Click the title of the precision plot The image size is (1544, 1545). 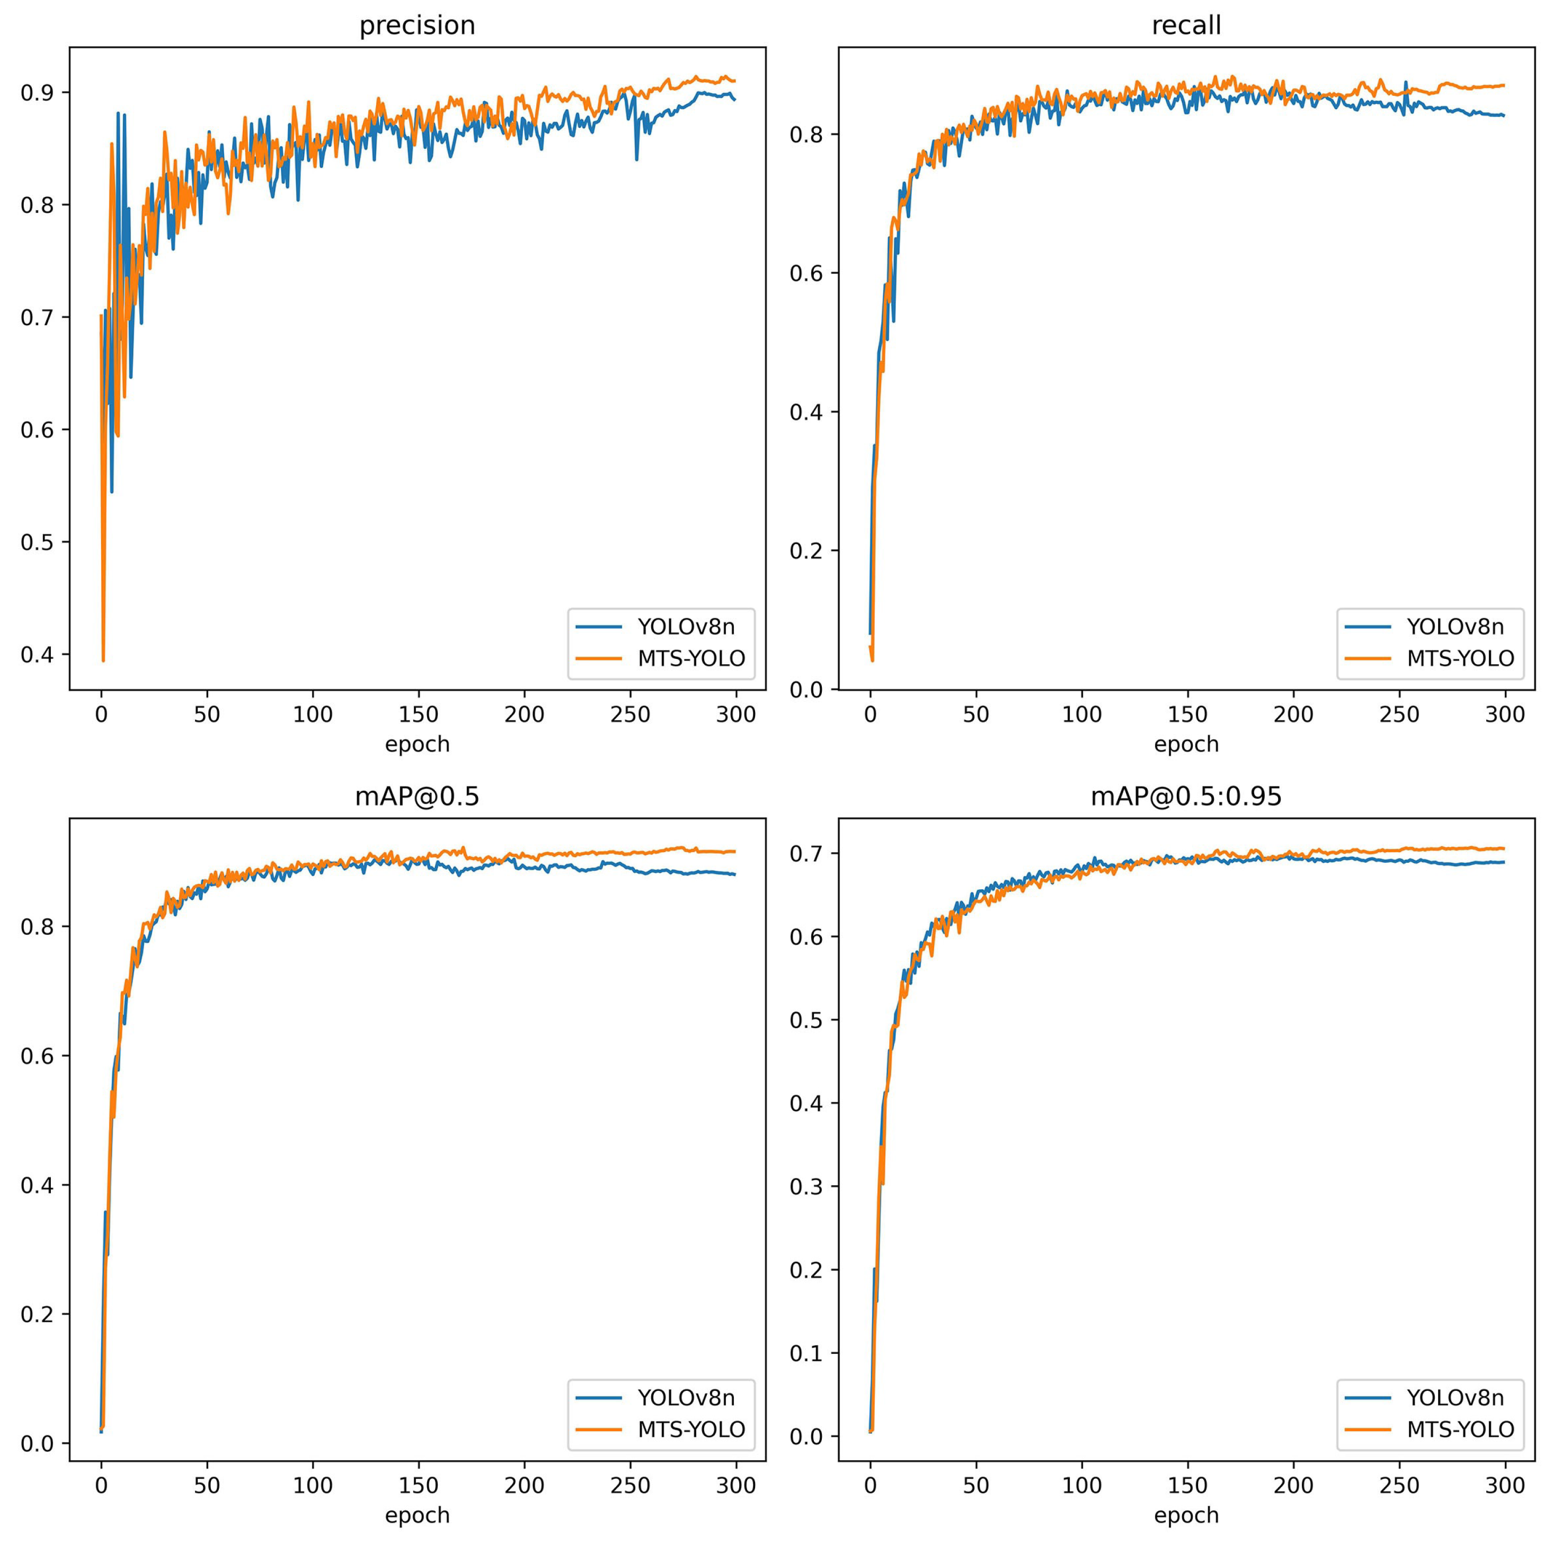(417, 25)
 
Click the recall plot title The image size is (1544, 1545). (1186, 25)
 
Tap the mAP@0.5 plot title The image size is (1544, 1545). (417, 797)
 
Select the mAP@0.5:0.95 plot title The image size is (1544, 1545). (1186, 797)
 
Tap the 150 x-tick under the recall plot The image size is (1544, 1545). (1187, 714)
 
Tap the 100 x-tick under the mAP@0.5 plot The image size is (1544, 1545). (312, 1486)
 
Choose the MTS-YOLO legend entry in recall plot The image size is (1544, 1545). (1460, 658)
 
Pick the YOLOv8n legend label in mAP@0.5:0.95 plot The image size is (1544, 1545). (1455, 1397)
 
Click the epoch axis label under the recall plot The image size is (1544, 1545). (1186, 745)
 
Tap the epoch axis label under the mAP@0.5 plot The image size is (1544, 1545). (417, 1515)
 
